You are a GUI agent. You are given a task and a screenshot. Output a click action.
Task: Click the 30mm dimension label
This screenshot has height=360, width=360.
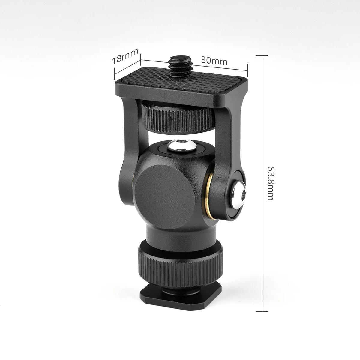(214, 61)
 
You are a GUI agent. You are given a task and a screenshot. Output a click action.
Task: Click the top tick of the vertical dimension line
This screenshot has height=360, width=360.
(262, 56)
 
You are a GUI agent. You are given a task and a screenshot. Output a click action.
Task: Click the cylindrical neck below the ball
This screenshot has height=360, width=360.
(180, 237)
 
